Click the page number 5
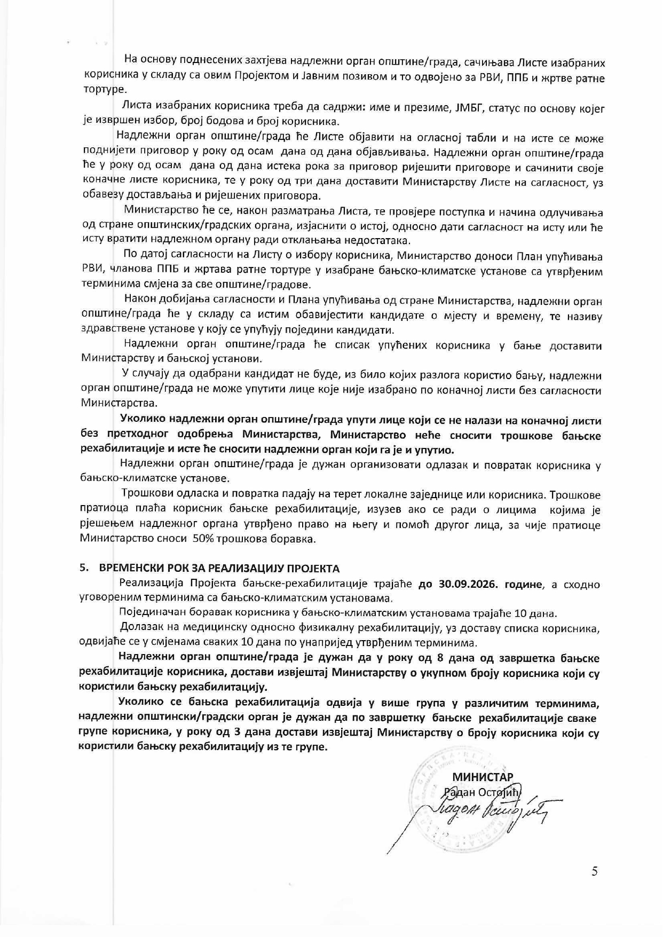click(x=595, y=872)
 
